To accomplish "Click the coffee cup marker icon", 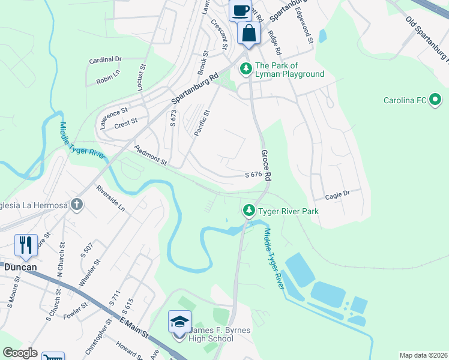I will pyautogui.click(x=241, y=11).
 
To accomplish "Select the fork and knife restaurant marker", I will pyautogui.click(x=26, y=244).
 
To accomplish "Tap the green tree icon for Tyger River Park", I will pyautogui.click(x=249, y=211).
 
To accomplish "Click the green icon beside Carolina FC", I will pyautogui.click(x=435, y=100).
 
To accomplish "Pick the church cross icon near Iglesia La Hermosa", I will pyautogui.click(x=76, y=205).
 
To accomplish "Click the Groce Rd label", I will pyautogui.click(x=266, y=166).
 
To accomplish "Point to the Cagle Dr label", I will pyautogui.click(x=337, y=195).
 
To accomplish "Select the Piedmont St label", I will pyautogui.click(x=149, y=156).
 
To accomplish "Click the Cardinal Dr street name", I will pyautogui.click(x=105, y=59).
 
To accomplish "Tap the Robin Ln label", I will pyautogui.click(x=108, y=74).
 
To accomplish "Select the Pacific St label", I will pyautogui.click(x=202, y=123).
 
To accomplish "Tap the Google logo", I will pyautogui.click(x=20, y=353).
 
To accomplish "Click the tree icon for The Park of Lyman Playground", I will pyautogui.click(x=246, y=70).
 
